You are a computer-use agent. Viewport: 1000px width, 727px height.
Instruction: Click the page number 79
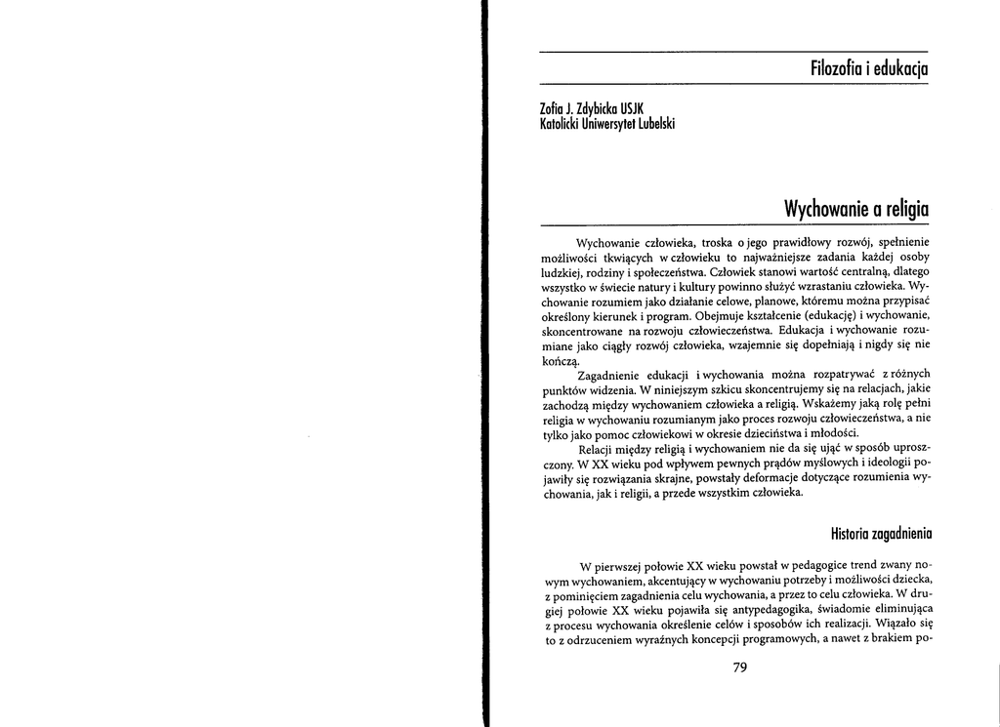[739, 667]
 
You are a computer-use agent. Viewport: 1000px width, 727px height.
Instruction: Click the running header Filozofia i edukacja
[868, 68]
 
